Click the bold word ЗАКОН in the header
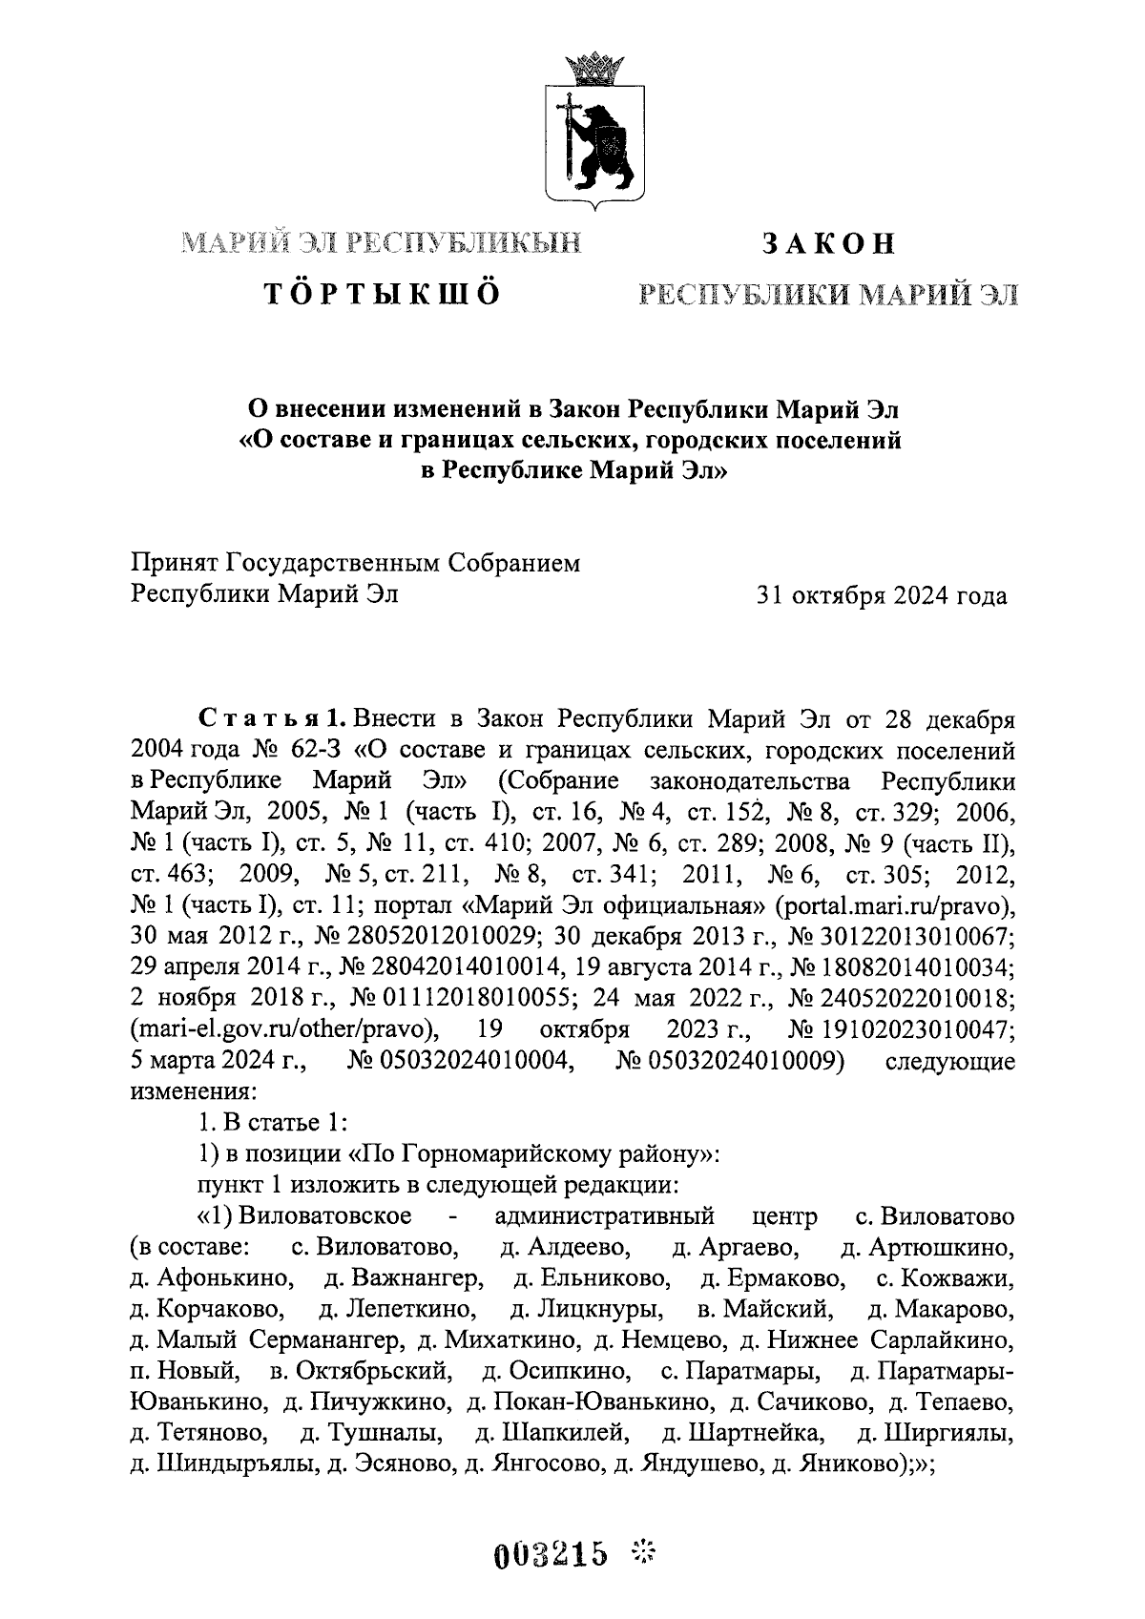(x=827, y=243)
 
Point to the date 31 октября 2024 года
(x=880, y=596)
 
